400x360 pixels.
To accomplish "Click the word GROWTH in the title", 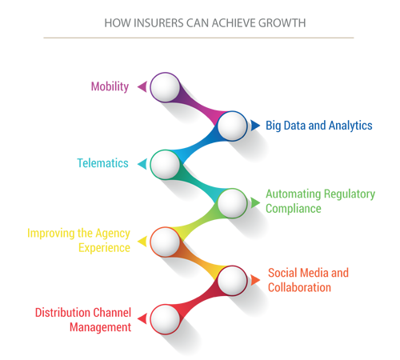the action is [x=282, y=23].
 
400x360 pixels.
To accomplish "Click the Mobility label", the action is [x=110, y=87].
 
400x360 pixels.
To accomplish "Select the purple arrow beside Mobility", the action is [x=142, y=86].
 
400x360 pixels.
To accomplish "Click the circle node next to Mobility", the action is [x=165, y=87].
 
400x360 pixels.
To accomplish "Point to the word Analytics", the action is [x=350, y=126].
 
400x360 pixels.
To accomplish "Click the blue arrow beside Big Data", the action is [x=255, y=126].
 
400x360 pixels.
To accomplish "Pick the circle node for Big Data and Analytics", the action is [x=232, y=126].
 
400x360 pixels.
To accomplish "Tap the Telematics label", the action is [x=102, y=163].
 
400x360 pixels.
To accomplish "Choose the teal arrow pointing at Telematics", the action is [x=142, y=164].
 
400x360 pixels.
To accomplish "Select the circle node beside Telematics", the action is [x=165, y=164].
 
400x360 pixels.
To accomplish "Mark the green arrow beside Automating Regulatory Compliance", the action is [x=255, y=202].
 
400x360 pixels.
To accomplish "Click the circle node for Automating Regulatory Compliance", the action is [x=232, y=203].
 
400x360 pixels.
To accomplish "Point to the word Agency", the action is [x=113, y=234].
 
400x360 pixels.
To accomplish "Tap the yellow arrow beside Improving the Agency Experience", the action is [x=142, y=242].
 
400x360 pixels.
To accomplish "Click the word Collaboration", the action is [x=299, y=287].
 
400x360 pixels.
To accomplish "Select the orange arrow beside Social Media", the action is [x=255, y=280].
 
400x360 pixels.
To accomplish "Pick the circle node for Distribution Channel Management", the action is [x=165, y=319].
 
